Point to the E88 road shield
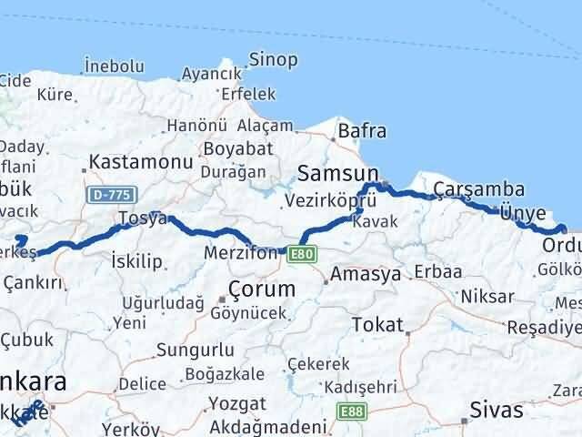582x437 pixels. coord(350,412)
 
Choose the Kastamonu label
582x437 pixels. coord(139,164)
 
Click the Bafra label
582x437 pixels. coord(362,132)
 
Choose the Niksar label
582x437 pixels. coord(487,297)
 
